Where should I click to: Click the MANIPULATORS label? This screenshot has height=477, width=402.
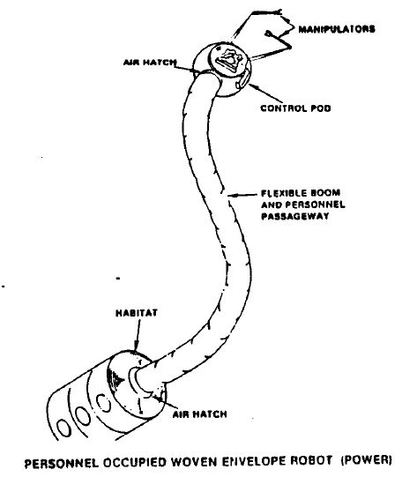click(337, 29)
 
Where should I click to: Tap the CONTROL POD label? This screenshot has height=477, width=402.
click(295, 108)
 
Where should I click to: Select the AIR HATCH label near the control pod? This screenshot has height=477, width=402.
click(150, 63)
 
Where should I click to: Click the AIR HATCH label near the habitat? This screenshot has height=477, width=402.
click(199, 414)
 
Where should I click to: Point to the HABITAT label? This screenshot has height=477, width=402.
click(137, 313)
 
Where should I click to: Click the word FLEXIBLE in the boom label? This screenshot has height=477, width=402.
click(279, 193)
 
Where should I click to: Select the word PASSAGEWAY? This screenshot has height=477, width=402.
click(295, 216)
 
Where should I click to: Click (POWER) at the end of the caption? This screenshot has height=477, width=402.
click(366, 460)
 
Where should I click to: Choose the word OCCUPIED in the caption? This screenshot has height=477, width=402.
click(134, 463)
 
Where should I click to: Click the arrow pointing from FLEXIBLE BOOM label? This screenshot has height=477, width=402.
click(242, 195)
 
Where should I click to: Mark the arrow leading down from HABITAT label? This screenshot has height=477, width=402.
click(138, 335)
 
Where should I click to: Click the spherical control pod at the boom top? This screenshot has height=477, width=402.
click(222, 70)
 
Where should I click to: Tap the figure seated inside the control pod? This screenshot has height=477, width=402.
click(228, 60)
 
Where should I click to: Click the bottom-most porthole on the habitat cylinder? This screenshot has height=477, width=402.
click(64, 429)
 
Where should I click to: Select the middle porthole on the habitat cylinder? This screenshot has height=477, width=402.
click(83, 415)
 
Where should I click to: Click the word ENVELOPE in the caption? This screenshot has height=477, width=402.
click(254, 461)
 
